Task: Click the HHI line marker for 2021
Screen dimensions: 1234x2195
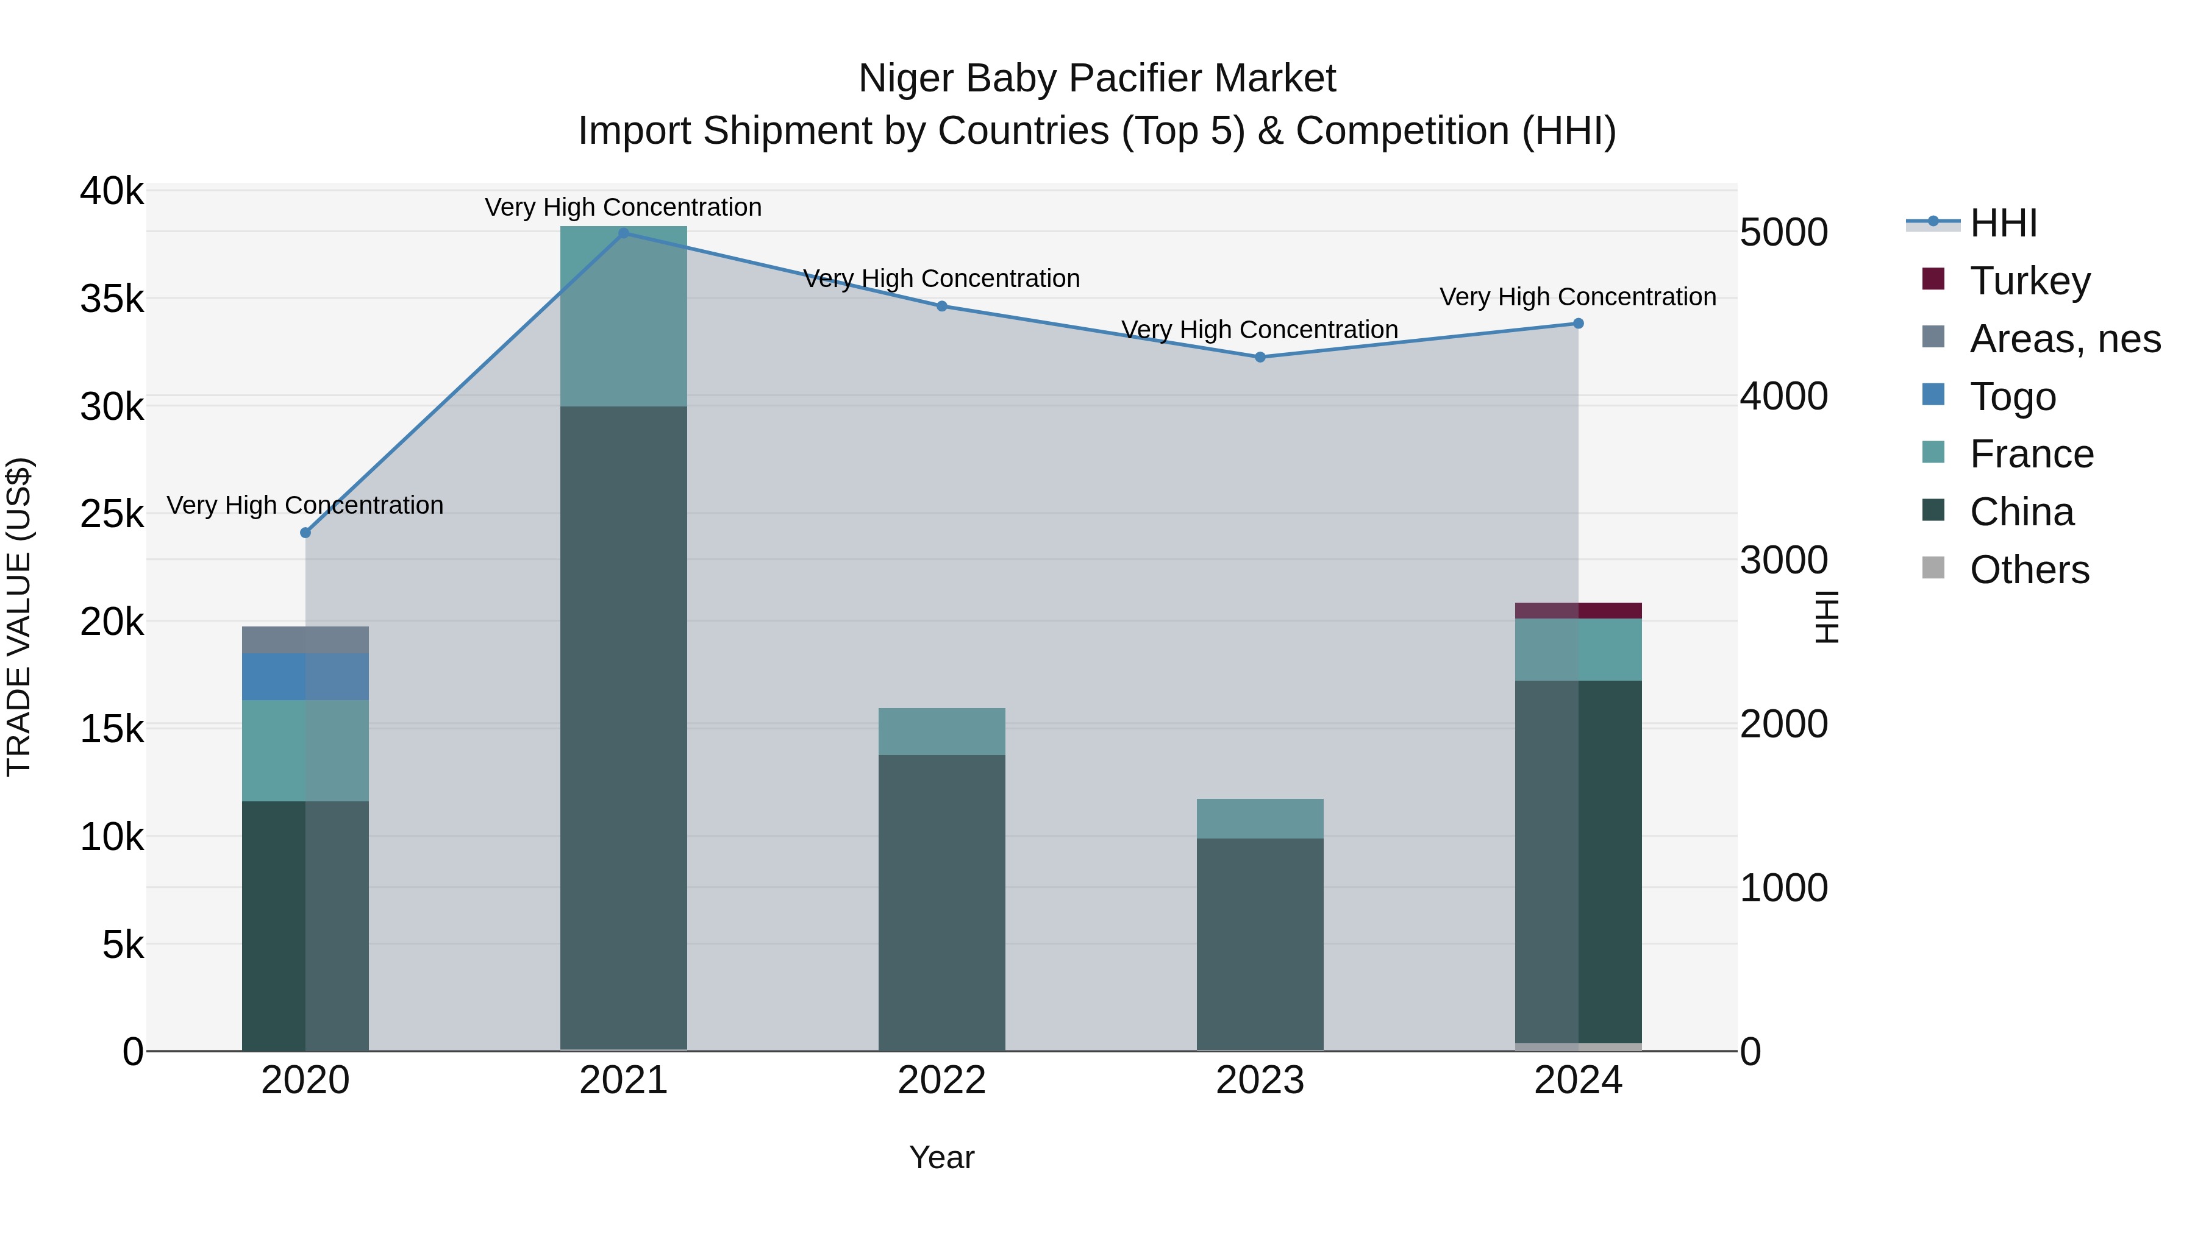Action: click(x=623, y=233)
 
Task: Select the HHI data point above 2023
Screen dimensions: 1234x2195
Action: click(x=1260, y=357)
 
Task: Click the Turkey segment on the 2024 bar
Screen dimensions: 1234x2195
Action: click(x=1578, y=610)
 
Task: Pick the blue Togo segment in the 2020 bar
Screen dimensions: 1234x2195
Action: click(x=305, y=676)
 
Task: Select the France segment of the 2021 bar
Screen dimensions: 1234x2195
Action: click(x=623, y=315)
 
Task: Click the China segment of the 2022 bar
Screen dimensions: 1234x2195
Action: click(x=941, y=902)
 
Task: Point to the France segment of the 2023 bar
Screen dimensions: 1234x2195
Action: click(x=1260, y=818)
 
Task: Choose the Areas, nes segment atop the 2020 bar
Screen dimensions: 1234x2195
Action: click(x=305, y=640)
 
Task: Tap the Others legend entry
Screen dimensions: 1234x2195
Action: click(x=2029, y=569)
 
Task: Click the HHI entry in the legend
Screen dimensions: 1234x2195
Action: click(x=2002, y=223)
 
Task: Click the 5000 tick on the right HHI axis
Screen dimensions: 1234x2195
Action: click(x=1783, y=233)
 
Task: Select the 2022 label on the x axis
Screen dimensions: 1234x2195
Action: click(x=941, y=1080)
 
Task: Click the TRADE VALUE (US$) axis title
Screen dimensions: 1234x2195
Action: click(x=19, y=617)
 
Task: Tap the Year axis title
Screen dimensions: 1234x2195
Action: click(x=941, y=1157)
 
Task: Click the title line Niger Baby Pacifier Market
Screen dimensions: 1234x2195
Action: click(x=1097, y=79)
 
